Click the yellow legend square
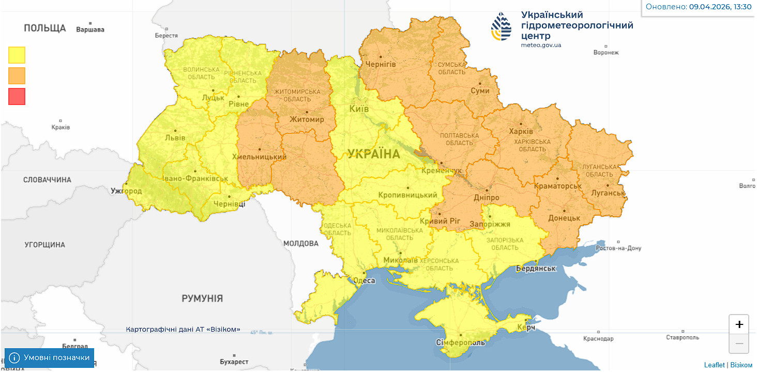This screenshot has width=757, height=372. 17,55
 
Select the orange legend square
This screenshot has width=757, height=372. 17,76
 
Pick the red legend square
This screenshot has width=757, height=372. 17,96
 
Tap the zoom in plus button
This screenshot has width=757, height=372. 739,324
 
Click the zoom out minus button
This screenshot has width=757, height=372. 739,344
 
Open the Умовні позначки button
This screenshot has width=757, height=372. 50,358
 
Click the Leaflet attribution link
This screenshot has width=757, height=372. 714,365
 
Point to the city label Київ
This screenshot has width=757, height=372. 359,109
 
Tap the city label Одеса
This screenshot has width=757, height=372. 364,280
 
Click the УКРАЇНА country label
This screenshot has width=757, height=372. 373,154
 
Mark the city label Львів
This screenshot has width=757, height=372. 175,138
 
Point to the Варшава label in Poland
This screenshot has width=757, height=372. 90,29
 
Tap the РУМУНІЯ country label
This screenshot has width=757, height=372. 202,299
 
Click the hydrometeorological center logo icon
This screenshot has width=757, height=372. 501,27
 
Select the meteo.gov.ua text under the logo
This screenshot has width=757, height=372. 541,45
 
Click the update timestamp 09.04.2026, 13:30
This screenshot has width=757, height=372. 720,7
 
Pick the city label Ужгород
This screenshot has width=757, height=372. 126,191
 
